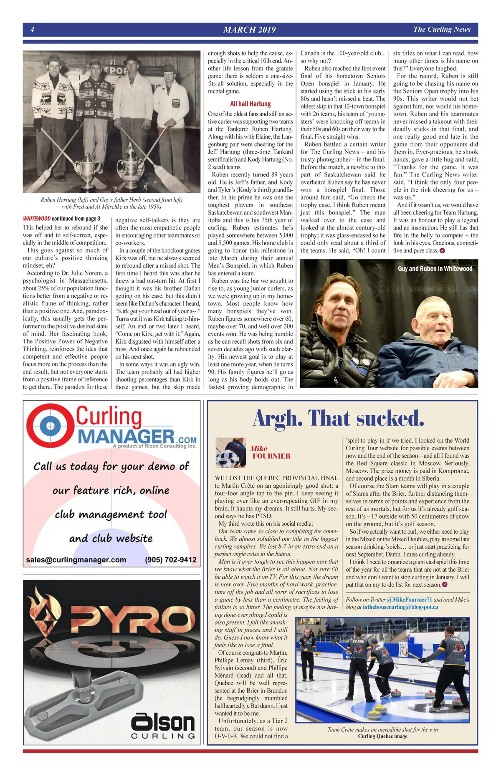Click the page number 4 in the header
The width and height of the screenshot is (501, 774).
(x=32, y=29)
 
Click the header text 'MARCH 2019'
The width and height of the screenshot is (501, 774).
(x=249, y=30)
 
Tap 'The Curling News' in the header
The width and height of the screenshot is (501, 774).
(x=442, y=29)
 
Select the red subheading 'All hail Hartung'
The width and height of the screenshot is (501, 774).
(x=250, y=104)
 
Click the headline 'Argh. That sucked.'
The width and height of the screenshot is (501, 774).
(x=339, y=419)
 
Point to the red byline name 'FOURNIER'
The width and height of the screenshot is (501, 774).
(x=271, y=456)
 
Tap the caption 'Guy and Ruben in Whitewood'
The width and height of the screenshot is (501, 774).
(x=435, y=269)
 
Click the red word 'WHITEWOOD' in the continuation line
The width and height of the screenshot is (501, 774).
(x=37, y=219)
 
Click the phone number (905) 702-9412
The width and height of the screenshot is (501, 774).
(x=171, y=560)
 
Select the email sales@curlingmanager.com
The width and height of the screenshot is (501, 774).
(x=76, y=560)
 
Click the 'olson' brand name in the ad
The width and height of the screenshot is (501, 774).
(x=163, y=723)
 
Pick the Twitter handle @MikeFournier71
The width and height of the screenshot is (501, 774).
(x=410, y=600)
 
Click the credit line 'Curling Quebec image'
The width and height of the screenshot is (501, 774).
(x=382, y=736)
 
